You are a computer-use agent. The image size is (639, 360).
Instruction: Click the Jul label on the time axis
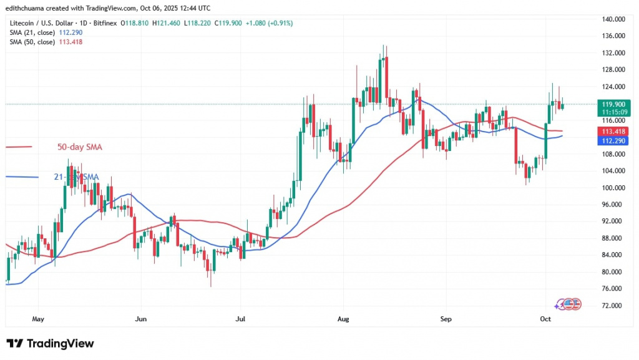(239, 318)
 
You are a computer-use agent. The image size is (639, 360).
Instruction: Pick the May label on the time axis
(38, 318)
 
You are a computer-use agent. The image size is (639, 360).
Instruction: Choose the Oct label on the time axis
(545, 318)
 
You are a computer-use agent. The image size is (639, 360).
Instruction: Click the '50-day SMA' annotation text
(79, 147)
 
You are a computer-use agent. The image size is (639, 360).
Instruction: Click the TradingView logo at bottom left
(50, 344)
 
